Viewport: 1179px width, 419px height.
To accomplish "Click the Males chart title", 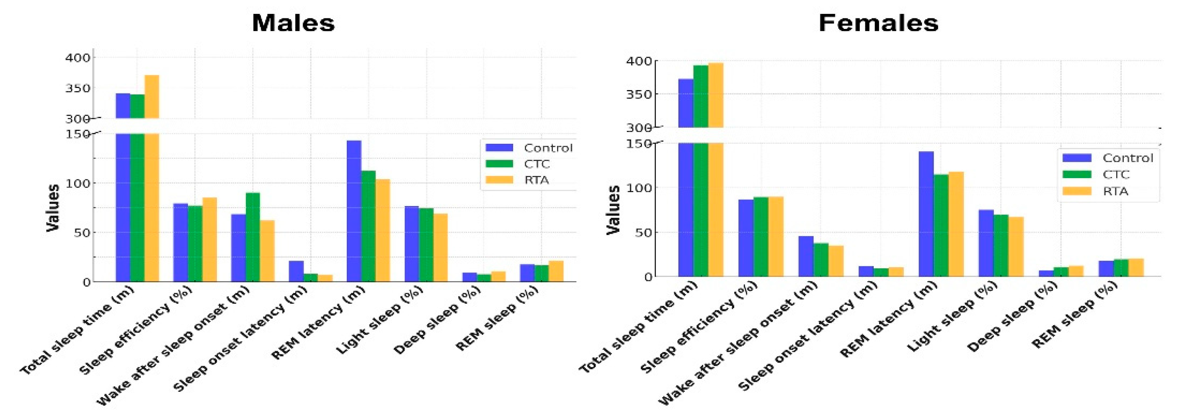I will point(293,23).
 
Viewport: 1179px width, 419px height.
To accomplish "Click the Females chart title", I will point(878,23).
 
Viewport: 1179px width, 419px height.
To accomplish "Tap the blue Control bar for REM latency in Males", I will point(354,211).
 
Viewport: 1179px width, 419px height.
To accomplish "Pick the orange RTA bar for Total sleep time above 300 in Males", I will point(152,97).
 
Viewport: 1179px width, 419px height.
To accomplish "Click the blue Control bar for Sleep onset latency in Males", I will point(296,271).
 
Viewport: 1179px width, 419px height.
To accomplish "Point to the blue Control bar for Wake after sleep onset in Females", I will point(805,256).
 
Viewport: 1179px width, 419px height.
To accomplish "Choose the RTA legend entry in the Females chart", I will point(1115,191).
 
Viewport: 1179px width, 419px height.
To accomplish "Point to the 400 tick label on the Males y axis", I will point(78,58).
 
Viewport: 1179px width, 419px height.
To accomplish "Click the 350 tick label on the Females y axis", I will point(640,94).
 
